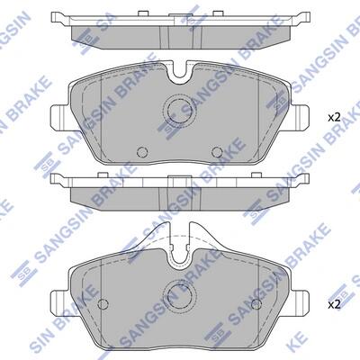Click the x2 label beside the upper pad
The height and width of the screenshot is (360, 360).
tap(334, 118)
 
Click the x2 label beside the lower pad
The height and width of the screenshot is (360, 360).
tap(334, 305)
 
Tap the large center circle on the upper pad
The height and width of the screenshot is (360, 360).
tap(177, 110)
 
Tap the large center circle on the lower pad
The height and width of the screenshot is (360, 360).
tap(178, 295)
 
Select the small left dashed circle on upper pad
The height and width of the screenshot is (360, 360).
tap(142, 152)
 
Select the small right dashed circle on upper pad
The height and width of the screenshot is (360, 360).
tap(217, 152)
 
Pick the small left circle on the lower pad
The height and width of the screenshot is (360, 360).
tap(103, 304)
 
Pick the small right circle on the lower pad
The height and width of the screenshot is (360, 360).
tap(256, 304)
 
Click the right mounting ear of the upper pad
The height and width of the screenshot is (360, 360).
tap(299, 117)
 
